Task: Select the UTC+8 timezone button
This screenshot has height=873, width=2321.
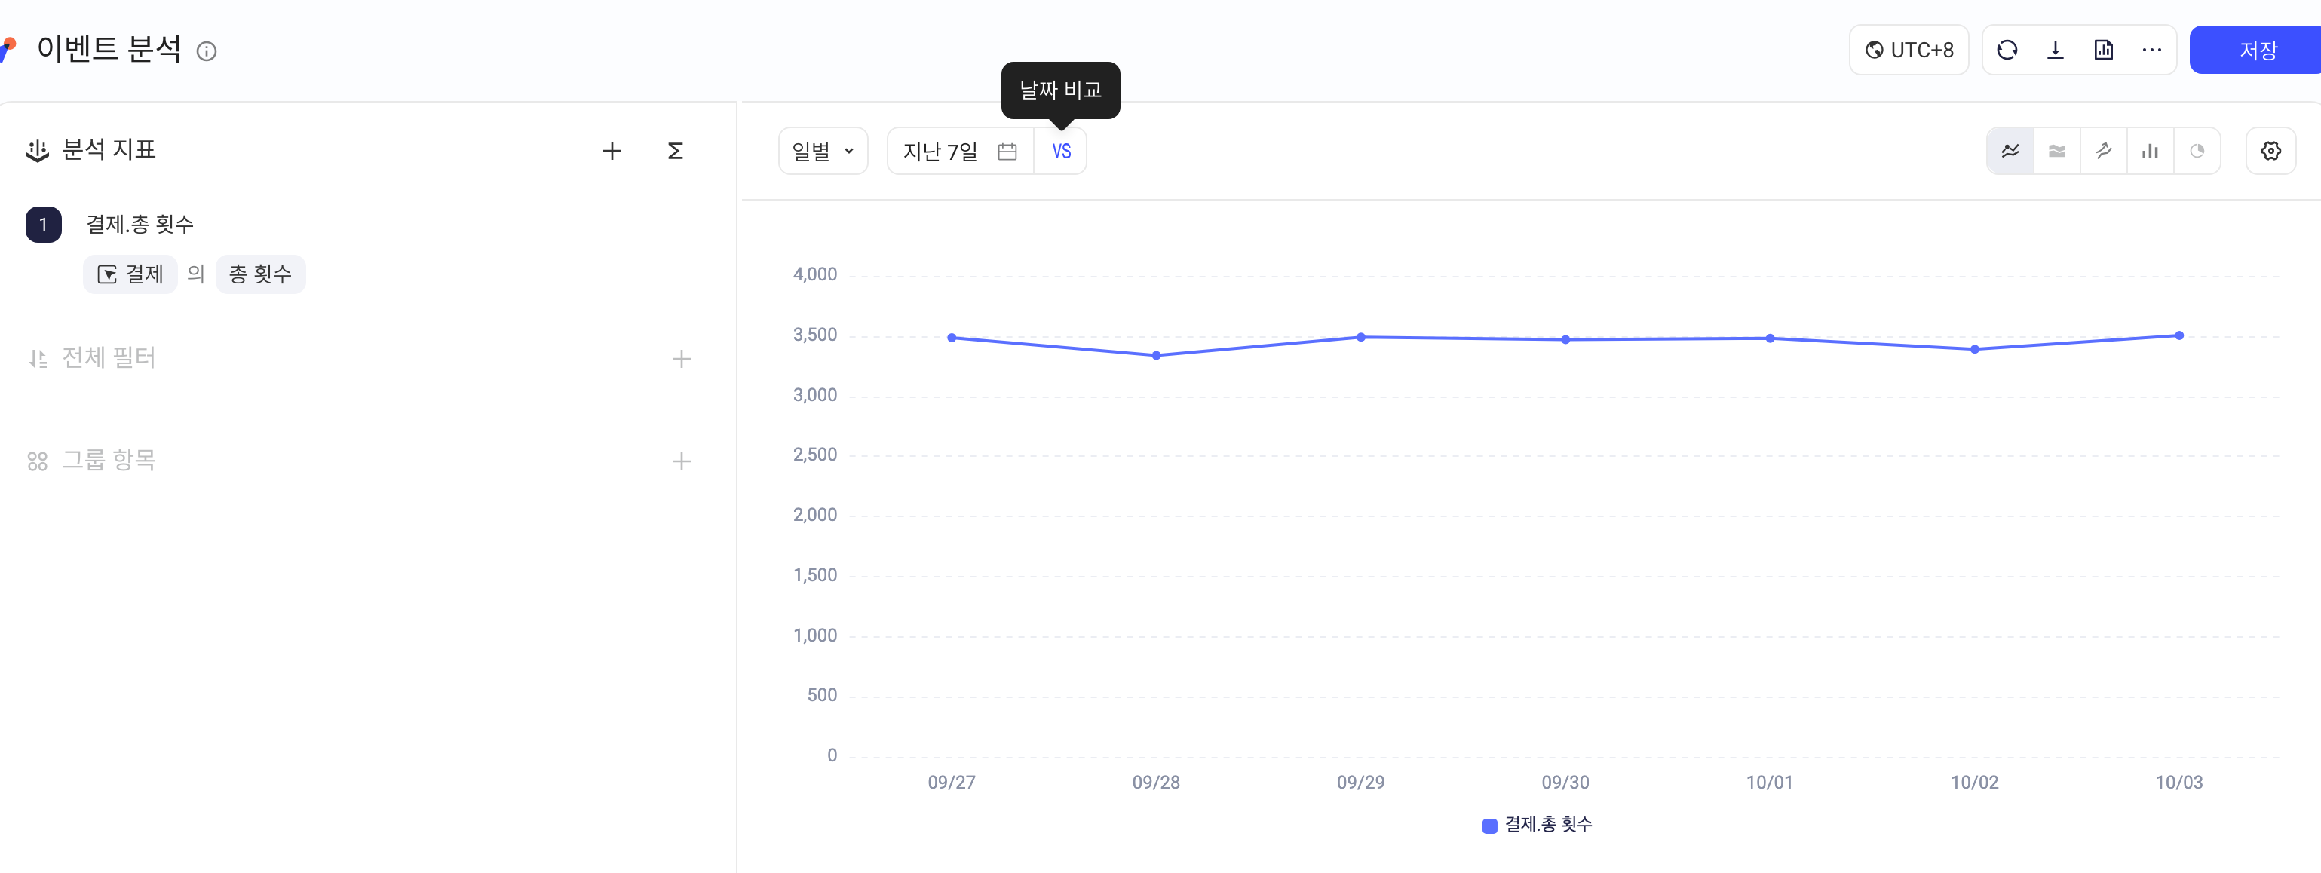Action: click(x=1909, y=50)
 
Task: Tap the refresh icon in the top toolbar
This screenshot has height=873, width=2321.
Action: click(x=2007, y=50)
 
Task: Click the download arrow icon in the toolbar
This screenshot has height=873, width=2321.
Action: click(x=2056, y=50)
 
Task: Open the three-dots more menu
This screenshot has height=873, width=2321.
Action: click(x=2151, y=50)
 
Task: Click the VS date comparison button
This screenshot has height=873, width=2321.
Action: click(x=1062, y=152)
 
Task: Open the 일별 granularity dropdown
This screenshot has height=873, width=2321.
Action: click(x=823, y=152)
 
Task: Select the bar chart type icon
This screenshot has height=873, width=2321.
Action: click(x=2150, y=151)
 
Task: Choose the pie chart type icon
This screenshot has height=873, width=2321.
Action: click(x=2197, y=151)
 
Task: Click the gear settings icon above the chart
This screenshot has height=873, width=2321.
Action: click(x=2270, y=151)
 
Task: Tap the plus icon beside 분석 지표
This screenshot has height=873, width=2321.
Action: click(x=612, y=151)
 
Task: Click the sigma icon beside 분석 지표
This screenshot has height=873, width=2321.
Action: click(x=675, y=151)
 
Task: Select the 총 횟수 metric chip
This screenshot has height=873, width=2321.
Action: click(x=260, y=274)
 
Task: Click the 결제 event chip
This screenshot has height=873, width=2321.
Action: click(x=130, y=274)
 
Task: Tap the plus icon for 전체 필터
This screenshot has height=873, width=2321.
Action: click(x=681, y=360)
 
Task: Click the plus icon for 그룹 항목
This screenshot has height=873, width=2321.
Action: click(x=681, y=461)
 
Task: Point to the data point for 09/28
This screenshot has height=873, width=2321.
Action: click(x=1156, y=356)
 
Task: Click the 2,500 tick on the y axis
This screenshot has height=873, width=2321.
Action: click(x=814, y=455)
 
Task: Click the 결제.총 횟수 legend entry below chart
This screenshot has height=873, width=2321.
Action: click(x=1537, y=824)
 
